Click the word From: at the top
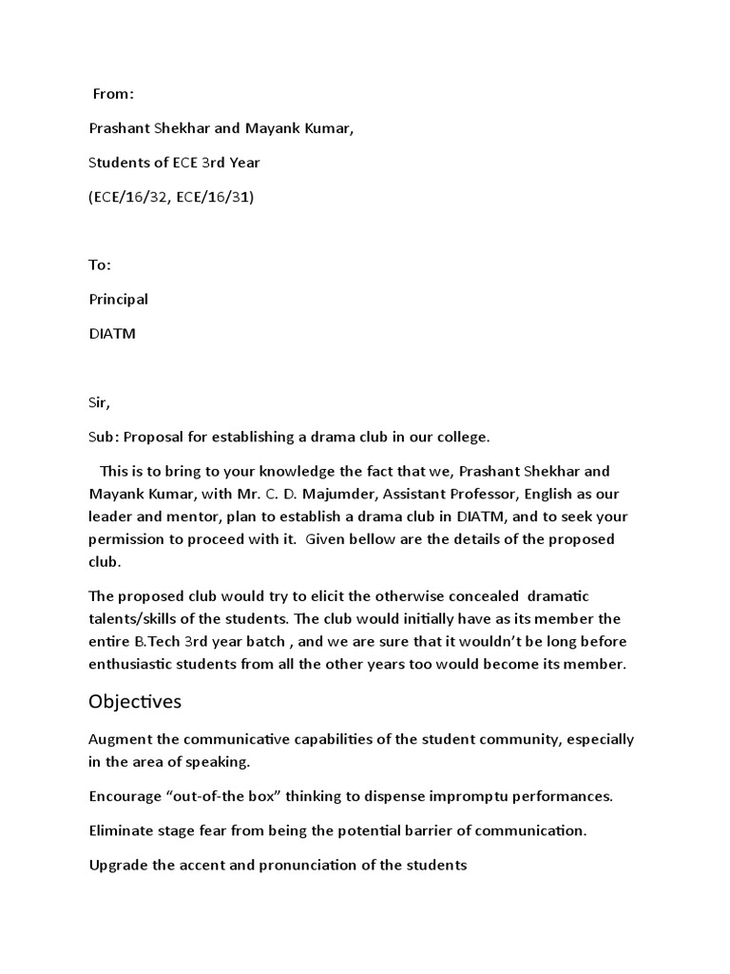tap(113, 94)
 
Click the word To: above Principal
tap(100, 265)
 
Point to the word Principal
tap(119, 300)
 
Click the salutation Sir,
tap(100, 402)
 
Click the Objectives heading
tap(135, 703)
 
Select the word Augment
tap(119, 739)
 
